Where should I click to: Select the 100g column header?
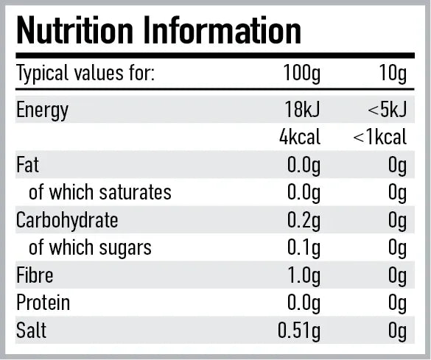[x=302, y=74]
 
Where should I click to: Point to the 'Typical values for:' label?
[x=85, y=74]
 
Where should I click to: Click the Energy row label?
[x=42, y=110]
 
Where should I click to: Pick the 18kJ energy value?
[x=303, y=110]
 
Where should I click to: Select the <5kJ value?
[x=388, y=110]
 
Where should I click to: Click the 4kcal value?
[x=300, y=137]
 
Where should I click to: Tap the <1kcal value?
[x=380, y=137]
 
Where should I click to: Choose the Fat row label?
[x=27, y=165]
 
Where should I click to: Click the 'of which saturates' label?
[x=99, y=193]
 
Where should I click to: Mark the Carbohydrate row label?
[x=67, y=220]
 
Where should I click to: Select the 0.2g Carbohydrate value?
[x=304, y=220]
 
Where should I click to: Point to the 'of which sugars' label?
[x=90, y=247]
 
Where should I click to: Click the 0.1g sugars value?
[x=304, y=247]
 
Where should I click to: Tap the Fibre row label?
[x=35, y=275]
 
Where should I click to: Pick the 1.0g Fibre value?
[x=304, y=275]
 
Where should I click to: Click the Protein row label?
[x=43, y=303]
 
